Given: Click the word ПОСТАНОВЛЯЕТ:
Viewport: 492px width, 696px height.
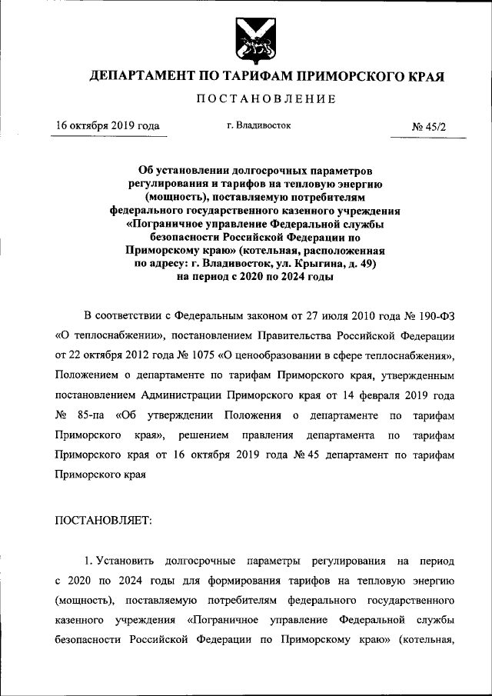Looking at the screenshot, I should (104, 520).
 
